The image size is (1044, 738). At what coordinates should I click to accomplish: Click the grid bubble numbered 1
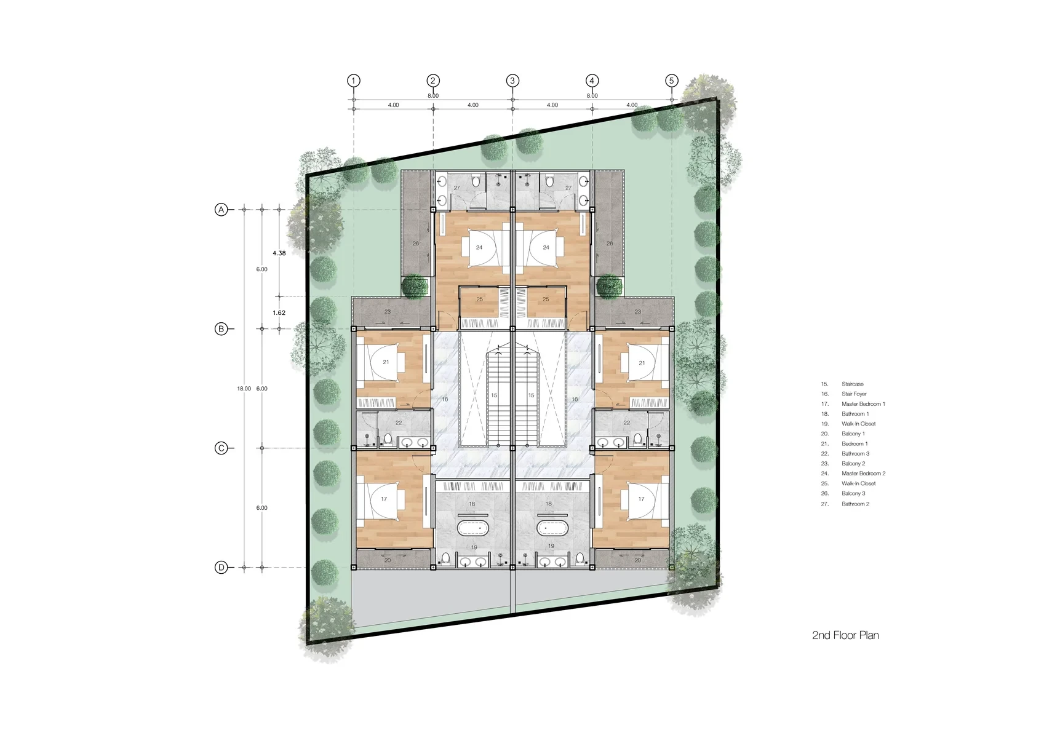tap(354, 81)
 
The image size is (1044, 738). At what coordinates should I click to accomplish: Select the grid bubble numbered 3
tap(512, 81)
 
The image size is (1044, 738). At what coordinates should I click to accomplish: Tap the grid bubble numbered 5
tap(672, 81)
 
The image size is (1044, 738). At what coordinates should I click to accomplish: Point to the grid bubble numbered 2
tap(433, 81)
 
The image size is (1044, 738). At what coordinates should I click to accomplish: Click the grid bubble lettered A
tap(221, 210)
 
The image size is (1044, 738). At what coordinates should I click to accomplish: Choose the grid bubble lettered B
tap(221, 329)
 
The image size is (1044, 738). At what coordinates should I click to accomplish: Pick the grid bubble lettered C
tap(221, 448)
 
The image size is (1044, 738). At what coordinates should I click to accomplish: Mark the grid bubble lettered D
tap(221, 568)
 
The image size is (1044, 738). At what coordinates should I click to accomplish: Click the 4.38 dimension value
tap(279, 253)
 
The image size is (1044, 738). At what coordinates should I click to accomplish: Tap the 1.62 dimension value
tap(279, 312)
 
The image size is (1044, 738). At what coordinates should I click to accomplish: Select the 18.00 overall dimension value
tap(244, 389)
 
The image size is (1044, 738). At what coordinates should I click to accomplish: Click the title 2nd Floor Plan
tap(845, 635)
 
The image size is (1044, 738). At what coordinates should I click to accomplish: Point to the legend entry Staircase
tap(853, 384)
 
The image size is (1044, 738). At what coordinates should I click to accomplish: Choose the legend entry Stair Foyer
tap(855, 394)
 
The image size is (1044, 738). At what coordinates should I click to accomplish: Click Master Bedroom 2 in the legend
tap(864, 474)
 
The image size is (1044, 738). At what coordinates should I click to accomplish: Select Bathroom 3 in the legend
tap(856, 454)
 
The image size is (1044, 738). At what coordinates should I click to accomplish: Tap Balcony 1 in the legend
tap(853, 434)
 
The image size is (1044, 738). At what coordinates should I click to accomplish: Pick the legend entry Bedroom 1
tap(855, 443)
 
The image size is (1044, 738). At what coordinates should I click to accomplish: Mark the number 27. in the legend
tap(825, 504)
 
